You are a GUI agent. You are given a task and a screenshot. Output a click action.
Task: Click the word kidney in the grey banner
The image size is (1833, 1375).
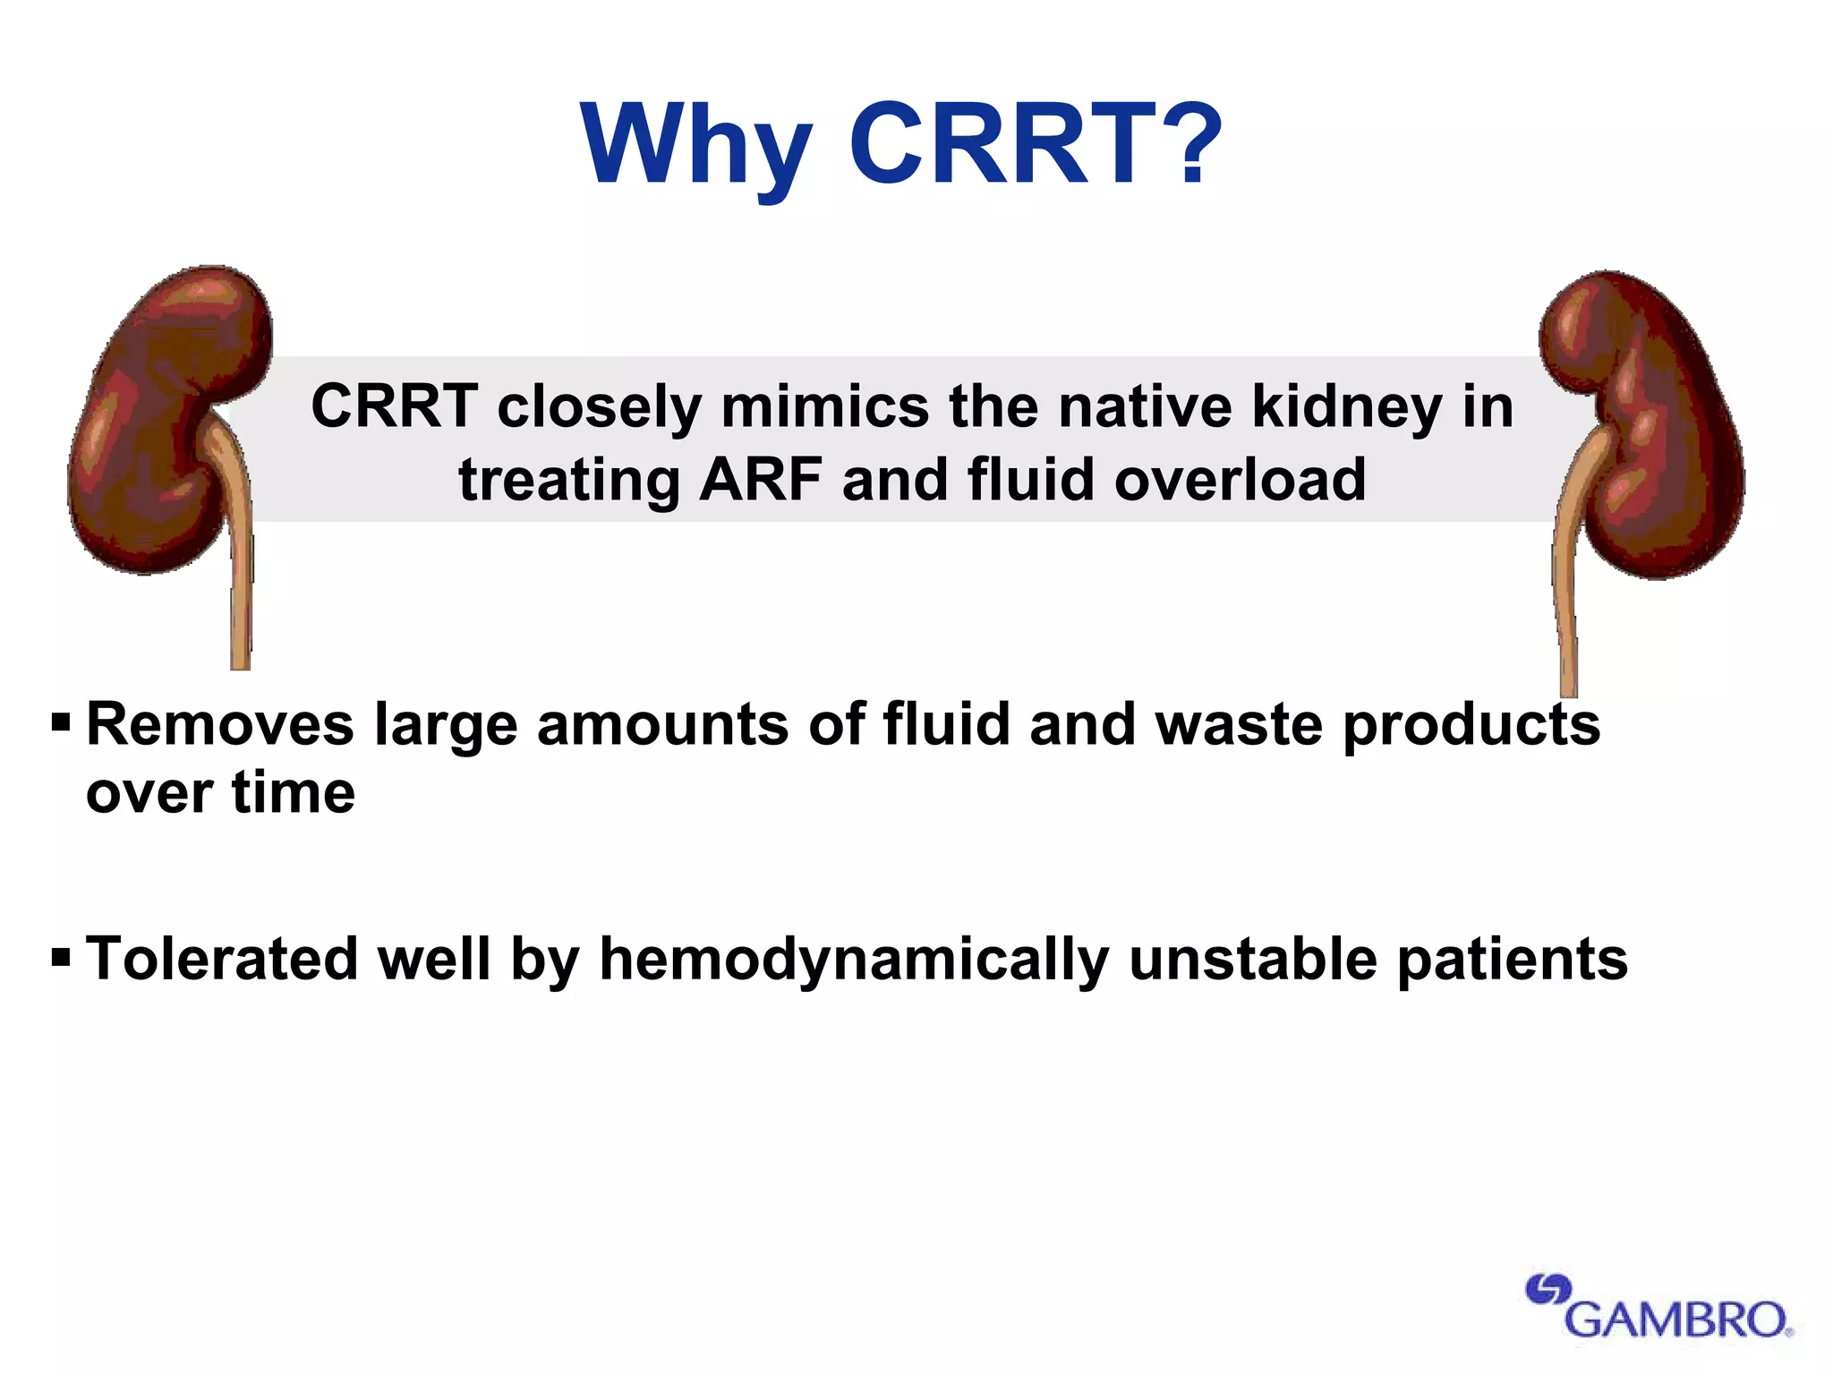[x=1347, y=408]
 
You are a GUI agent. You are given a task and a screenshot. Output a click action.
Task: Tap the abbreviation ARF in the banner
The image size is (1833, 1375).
[x=761, y=480]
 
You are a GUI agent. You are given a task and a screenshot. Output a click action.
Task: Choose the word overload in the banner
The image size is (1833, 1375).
[x=1240, y=480]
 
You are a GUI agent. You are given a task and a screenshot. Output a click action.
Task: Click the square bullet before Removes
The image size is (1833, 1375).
[x=61, y=722]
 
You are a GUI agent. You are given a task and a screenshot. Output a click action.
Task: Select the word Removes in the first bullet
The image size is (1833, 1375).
[x=220, y=724]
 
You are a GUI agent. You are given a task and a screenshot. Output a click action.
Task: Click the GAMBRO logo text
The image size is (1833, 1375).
[x=1677, y=1319]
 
